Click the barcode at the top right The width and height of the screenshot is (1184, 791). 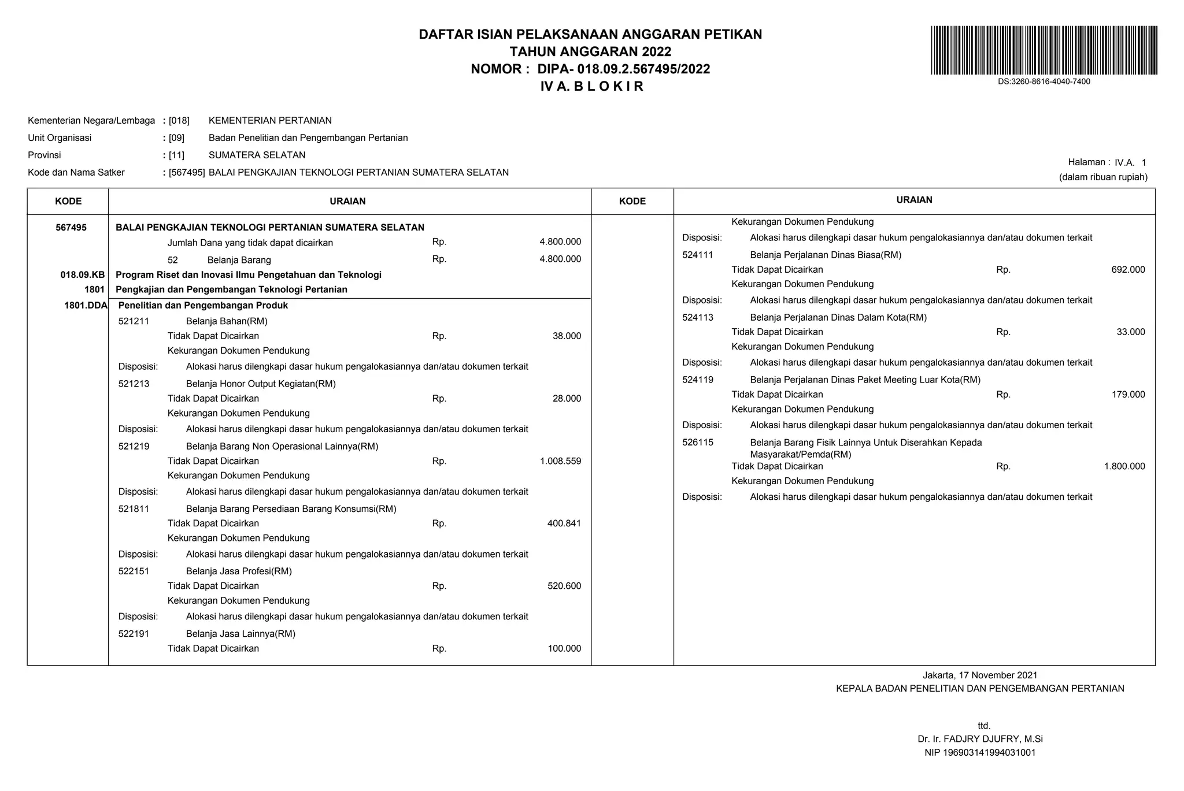coord(1044,50)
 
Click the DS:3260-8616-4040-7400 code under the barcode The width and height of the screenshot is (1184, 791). coord(1044,81)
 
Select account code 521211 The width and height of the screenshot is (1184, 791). coord(134,321)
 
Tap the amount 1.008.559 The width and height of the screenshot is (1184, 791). coord(560,461)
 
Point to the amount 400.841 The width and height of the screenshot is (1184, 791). coord(564,523)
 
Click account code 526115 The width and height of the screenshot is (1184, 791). coord(697,443)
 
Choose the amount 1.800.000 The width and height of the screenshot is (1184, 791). coord(1124,466)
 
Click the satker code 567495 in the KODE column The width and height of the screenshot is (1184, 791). coord(71,228)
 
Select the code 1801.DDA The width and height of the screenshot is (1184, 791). coord(86,306)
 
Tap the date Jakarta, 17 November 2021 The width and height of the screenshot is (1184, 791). coord(980,675)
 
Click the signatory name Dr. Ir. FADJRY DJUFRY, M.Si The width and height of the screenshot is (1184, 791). coord(980,739)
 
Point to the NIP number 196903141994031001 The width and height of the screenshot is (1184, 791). coord(980,753)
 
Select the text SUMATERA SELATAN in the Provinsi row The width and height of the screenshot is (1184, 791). coord(257,155)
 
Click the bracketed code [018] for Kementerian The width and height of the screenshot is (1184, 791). coord(179,121)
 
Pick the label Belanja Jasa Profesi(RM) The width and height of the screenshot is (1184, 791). coord(238,571)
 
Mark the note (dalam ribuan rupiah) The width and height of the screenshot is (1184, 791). coord(1102,177)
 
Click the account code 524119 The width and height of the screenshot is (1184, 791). coord(697,380)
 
